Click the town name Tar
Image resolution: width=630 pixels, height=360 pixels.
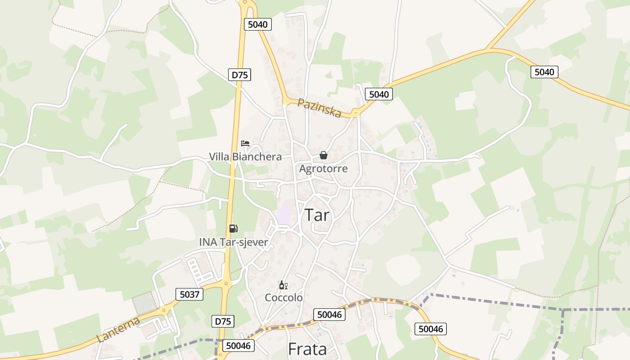(x=317, y=215)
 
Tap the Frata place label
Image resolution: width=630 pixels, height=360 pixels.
(x=307, y=349)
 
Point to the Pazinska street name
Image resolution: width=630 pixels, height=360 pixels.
(x=319, y=108)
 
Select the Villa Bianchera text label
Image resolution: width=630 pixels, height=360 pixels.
(x=245, y=157)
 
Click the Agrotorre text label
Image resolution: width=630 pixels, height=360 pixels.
(x=323, y=169)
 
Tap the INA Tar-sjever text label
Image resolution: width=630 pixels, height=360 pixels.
(x=234, y=242)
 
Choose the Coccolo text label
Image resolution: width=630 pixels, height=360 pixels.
(x=283, y=298)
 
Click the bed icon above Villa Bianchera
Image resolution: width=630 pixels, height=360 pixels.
(x=245, y=144)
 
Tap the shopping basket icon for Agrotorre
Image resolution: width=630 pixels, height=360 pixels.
(x=323, y=156)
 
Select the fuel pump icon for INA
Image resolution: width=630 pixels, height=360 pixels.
(x=233, y=229)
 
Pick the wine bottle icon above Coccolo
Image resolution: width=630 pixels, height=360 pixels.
(x=283, y=285)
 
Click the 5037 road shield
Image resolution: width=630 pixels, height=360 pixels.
(x=189, y=295)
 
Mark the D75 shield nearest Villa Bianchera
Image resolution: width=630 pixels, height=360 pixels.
(x=239, y=75)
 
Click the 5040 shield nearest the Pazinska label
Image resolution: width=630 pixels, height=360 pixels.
(x=378, y=94)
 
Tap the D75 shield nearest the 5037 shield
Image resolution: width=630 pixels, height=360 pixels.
(x=223, y=321)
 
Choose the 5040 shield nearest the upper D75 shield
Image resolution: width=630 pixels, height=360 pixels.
(x=258, y=24)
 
